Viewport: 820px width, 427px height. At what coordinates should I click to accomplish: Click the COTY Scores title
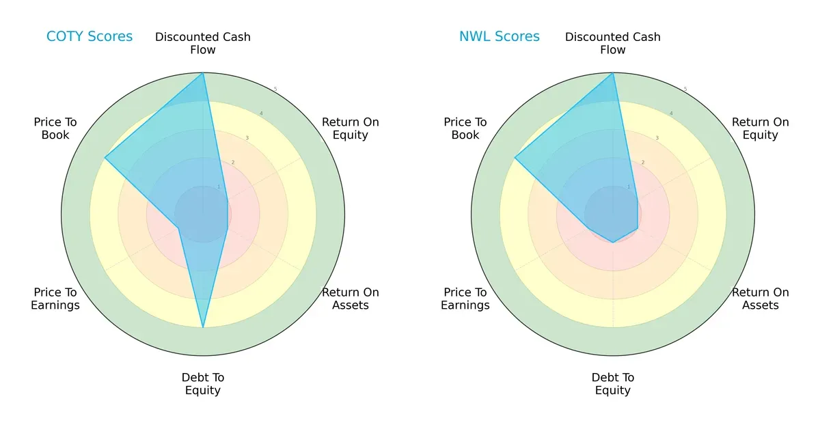(x=89, y=37)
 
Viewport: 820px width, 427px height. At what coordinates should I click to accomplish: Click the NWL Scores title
(x=499, y=37)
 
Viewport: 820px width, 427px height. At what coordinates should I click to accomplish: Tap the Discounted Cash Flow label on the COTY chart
(x=203, y=43)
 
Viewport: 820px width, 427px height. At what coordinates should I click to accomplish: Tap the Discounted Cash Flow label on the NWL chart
(x=613, y=43)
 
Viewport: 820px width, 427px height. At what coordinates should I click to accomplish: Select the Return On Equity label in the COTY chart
(x=350, y=128)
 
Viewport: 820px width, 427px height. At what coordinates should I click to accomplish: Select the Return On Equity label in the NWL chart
(x=760, y=128)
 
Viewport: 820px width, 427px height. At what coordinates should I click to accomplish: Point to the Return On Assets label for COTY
(x=350, y=299)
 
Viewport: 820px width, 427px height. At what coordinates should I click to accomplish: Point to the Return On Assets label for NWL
(x=760, y=299)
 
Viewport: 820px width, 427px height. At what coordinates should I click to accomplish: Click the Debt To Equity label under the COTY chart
(x=203, y=384)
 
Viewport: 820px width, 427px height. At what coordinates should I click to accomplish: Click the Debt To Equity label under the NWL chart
(x=613, y=384)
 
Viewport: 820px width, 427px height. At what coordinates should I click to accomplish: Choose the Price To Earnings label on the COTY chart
(x=55, y=299)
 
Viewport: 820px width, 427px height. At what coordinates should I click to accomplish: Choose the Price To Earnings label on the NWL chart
(x=465, y=299)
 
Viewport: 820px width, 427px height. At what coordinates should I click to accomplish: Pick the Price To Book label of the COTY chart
(x=55, y=128)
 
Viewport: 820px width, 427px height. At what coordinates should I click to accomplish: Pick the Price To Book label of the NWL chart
(x=465, y=128)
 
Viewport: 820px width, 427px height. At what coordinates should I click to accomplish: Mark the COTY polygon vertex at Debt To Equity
(x=203, y=327)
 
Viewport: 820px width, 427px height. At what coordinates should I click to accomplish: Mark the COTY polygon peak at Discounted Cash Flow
(x=203, y=73)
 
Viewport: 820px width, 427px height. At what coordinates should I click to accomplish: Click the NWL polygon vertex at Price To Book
(x=515, y=158)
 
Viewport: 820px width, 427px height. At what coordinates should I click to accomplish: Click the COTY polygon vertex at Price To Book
(x=105, y=158)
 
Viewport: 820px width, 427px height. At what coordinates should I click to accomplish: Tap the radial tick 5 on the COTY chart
(x=275, y=89)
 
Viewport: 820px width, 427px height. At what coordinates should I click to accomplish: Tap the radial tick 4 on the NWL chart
(x=671, y=113)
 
